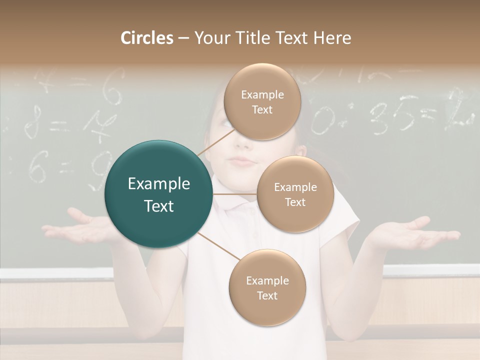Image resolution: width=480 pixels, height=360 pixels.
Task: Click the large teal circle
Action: point(159,194)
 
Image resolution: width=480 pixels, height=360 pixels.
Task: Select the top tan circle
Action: point(261,101)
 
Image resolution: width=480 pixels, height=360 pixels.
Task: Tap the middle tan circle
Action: point(295,194)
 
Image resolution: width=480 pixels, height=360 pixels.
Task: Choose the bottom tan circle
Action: point(267,287)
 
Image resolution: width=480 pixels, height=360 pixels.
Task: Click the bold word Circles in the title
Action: point(146,38)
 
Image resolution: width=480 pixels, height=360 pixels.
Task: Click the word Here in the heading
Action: point(332,38)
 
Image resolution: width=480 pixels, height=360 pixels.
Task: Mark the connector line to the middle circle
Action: point(235,194)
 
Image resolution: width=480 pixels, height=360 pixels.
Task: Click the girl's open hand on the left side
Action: point(82,227)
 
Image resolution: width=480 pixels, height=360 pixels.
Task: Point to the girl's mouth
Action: point(243,161)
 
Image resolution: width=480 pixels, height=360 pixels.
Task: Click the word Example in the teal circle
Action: point(159,184)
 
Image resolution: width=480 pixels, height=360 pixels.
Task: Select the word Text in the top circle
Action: point(261,109)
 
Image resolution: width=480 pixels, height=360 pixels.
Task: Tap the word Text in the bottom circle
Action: point(267,295)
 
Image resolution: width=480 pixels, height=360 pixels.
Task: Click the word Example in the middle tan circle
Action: point(295,187)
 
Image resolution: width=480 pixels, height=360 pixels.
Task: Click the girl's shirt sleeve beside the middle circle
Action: point(345,215)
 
